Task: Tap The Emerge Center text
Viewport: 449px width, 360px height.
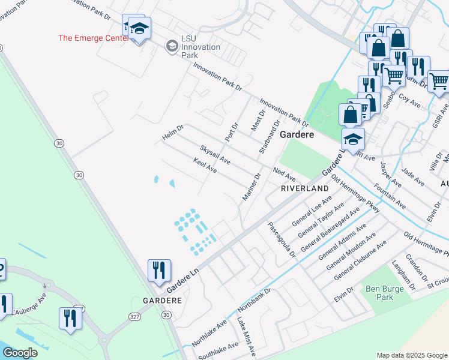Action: click(93, 38)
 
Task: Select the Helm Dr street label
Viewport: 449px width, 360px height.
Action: click(173, 133)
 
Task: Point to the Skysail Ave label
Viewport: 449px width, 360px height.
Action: click(215, 154)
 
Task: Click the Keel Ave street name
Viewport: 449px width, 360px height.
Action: click(205, 166)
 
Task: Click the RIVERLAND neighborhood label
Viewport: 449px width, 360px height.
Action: click(305, 188)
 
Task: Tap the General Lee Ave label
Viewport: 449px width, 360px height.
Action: click(312, 210)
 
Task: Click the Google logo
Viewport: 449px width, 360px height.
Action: click(20, 353)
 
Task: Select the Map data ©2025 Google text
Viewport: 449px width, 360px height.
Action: click(411, 355)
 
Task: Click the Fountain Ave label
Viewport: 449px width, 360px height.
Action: click(389, 199)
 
